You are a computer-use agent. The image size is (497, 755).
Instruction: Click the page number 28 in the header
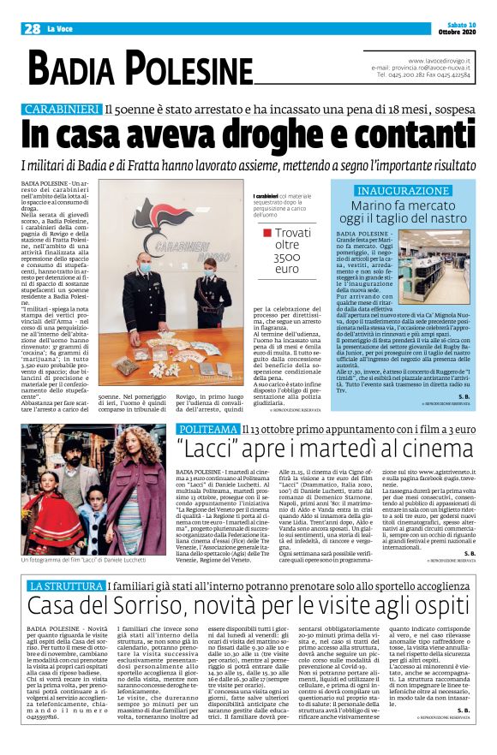pyautogui.click(x=33, y=28)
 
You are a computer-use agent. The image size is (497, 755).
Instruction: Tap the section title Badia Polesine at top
pyautogui.click(x=141, y=67)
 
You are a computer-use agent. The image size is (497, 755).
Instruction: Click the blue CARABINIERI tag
pyautogui.click(x=63, y=110)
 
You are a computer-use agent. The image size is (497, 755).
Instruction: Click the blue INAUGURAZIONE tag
pyautogui.click(x=403, y=190)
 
